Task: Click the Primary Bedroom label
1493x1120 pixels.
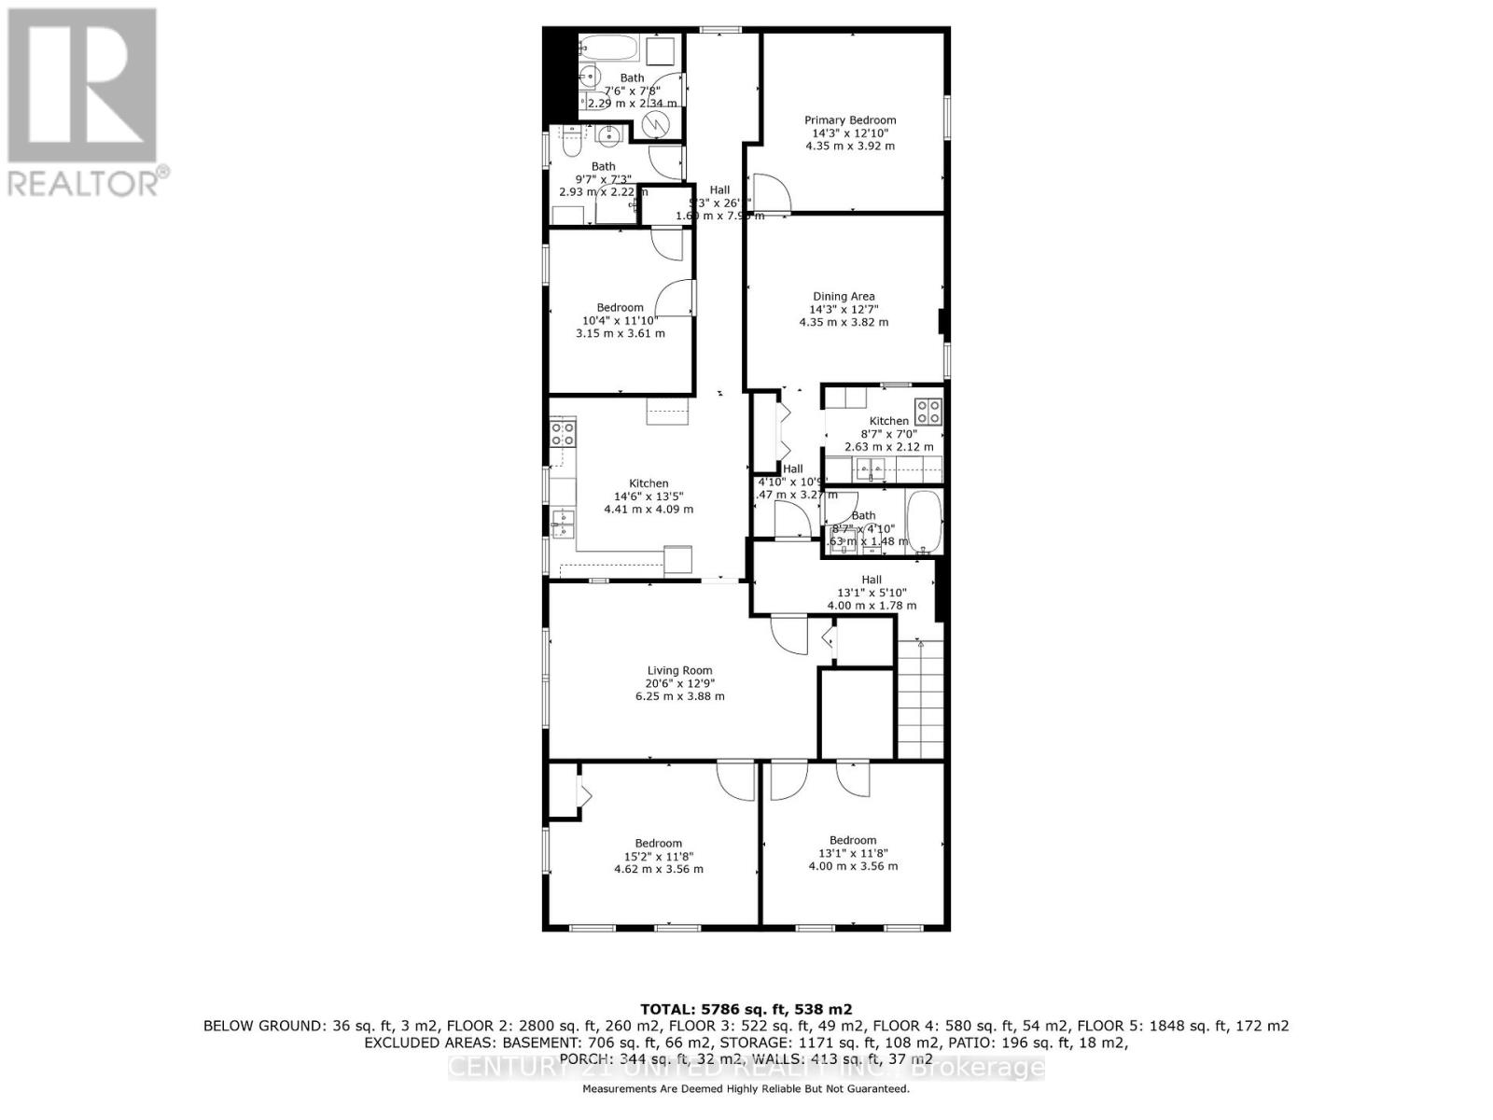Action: coord(850,120)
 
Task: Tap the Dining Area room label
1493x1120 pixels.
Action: coord(844,297)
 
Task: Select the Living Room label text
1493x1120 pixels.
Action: coord(679,670)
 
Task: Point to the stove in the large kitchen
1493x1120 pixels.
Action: coord(563,433)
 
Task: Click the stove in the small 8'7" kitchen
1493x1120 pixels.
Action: coord(928,412)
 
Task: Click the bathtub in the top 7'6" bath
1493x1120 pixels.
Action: coord(607,47)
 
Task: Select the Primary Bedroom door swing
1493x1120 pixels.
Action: coord(771,193)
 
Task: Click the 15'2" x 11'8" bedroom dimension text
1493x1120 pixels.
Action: coord(659,856)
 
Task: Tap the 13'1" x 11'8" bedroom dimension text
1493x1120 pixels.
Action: coord(853,853)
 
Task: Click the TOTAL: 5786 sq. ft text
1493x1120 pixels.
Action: coord(746,1009)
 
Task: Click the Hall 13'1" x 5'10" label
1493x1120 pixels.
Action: coord(872,593)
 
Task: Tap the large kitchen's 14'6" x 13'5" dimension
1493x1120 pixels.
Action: coord(649,497)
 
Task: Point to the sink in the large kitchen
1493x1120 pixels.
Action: coord(563,520)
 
